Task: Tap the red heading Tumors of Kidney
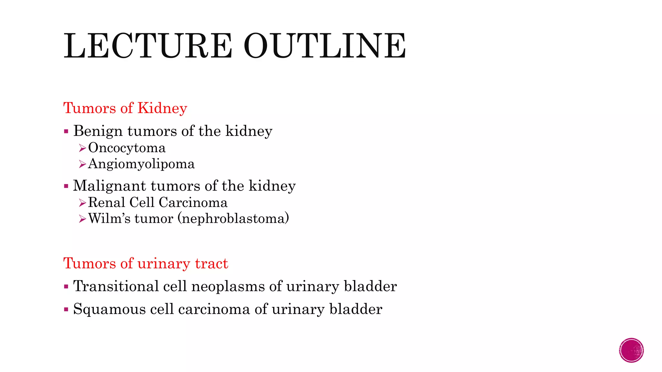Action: (x=125, y=108)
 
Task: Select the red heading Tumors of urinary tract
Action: (x=145, y=263)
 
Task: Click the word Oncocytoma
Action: (x=127, y=148)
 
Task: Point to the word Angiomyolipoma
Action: (x=141, y=164)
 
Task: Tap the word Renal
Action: (x=106, y=202)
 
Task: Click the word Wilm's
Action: (x=109, y=219)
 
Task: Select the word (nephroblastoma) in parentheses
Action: (x=233, y=219)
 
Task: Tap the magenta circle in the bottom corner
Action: (x=631, y=350)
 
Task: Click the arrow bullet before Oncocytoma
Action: (x=82, y=148)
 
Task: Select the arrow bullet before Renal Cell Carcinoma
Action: (x=82, y=203)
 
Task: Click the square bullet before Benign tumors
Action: (x=66, y=131)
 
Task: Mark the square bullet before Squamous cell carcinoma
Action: (x=66, y=309)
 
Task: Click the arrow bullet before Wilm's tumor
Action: (x=82, y=219)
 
